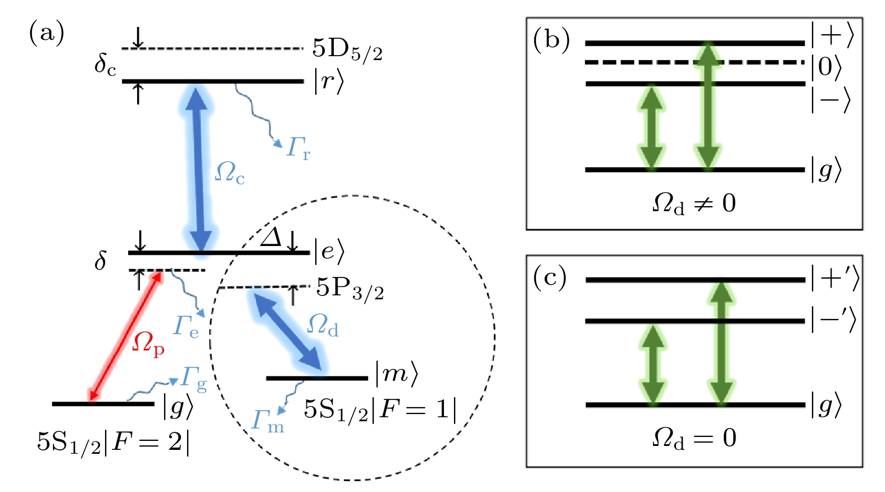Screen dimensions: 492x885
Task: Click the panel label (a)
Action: click(47, 33)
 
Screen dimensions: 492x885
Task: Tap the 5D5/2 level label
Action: click(347, 50)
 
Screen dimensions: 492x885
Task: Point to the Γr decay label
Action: click(298, 148)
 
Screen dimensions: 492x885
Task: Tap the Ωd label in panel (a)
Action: click(323, 325)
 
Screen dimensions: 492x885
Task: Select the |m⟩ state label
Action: click(397, 374)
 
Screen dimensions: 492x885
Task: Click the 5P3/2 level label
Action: click(350, 289)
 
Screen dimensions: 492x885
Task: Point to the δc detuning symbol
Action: click(105, 65)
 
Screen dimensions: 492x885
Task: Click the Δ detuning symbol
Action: click(271, 238)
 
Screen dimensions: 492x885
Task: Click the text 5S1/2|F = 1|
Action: click(380, 411)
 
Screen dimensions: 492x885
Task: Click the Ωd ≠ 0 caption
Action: click(694, 203)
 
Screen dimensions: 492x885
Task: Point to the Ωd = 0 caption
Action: click(694, 439)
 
